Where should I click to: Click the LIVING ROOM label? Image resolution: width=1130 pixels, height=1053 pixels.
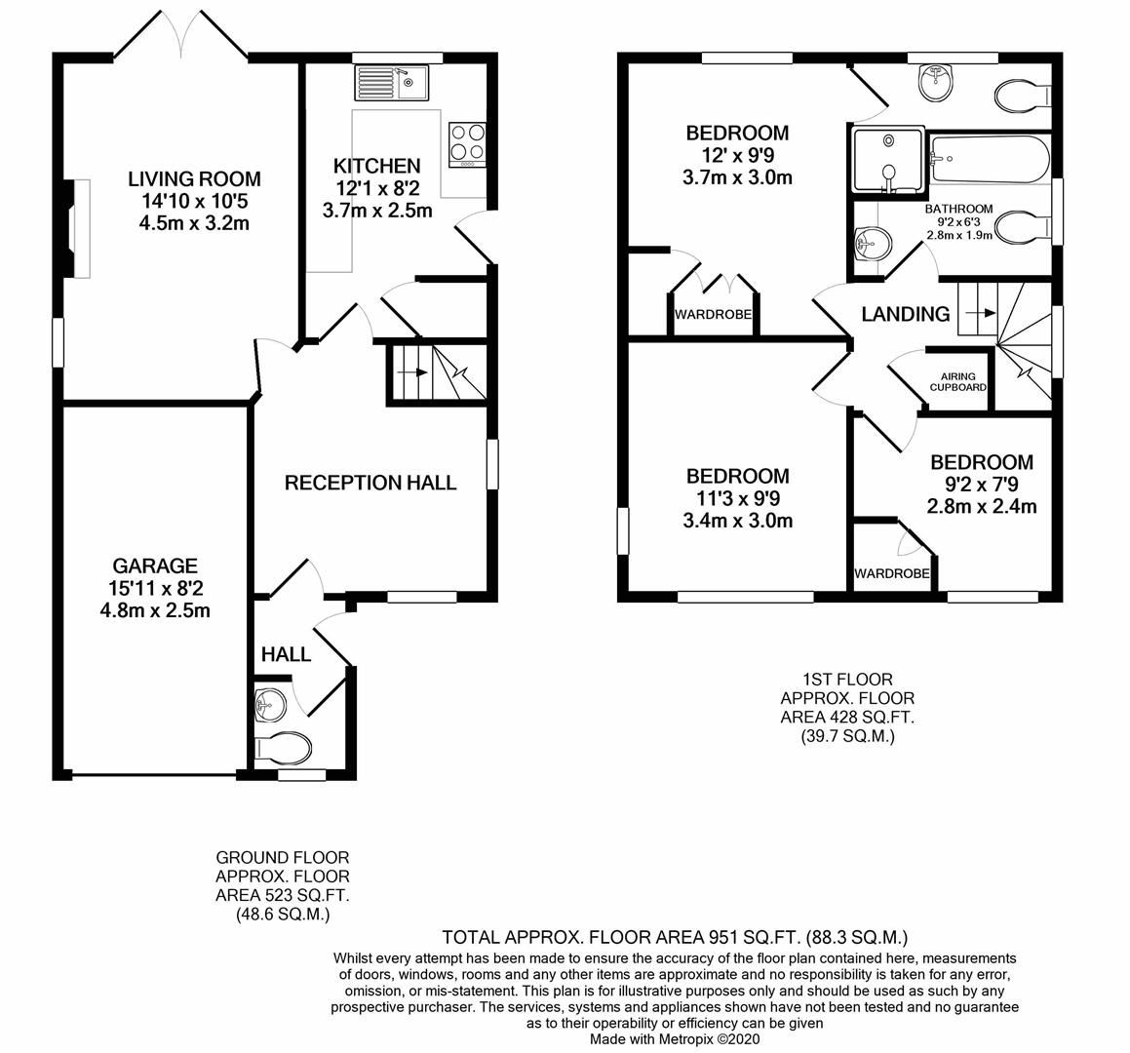pyautogui.click(x=194, y=178)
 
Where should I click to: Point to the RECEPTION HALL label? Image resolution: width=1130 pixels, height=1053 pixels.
pyautogui.click(x=370, y=483)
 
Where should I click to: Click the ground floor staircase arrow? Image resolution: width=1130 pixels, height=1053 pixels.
pyautogui.click(x=414, y=372)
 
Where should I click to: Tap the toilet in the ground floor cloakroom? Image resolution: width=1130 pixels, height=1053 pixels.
pyautogui.click(x=282, y=748)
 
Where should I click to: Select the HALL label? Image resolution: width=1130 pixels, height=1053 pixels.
pyautogui.click(x=286, y=654)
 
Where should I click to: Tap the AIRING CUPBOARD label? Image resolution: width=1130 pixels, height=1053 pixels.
pyautogui.click(x=957, y=381)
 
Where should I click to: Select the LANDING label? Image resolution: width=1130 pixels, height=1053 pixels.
pyautogui.click(x=905, y=314)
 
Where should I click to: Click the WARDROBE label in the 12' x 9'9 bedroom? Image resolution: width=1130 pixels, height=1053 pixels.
pyautogui.click(x=714, y=315)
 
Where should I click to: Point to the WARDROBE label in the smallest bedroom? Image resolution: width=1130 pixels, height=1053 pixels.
pyautogui.click(x=891, y=573)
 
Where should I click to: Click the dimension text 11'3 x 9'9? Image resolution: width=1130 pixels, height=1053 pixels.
pyautogui.click(x=737, y=498)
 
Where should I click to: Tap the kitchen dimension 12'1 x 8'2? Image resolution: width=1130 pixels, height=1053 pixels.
pyautogui.click(x=376, y=188)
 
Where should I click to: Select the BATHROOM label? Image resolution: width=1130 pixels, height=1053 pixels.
pyautogui.click(x=958, y=209)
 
